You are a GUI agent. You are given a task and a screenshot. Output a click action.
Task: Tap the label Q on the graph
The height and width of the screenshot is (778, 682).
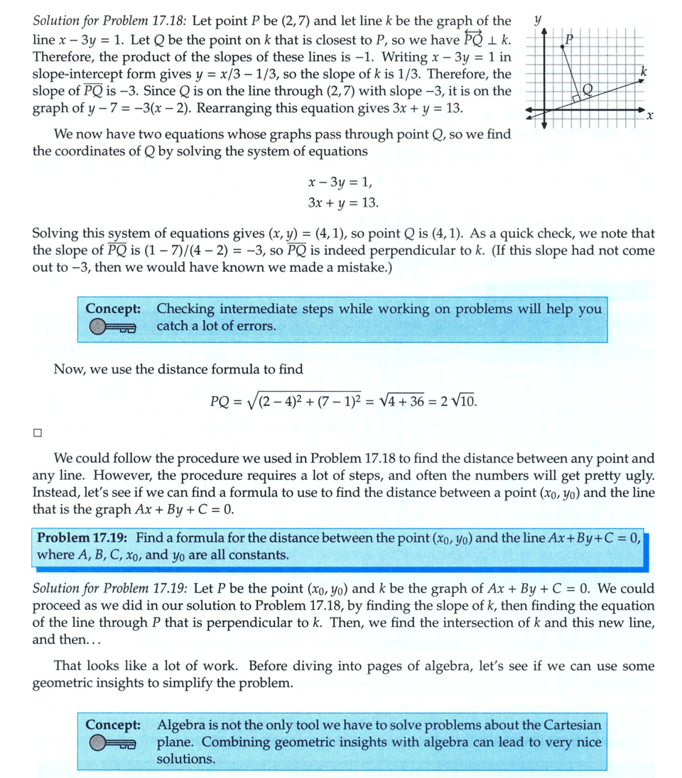click(587, 89)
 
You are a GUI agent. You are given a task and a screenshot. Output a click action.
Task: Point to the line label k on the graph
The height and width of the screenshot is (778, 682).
click(643, 72)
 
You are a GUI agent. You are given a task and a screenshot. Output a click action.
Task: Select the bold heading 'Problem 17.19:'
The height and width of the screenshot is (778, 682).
click(83, 537)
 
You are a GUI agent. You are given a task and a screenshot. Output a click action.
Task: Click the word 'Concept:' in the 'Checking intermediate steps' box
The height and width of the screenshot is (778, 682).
click(112, 309)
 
